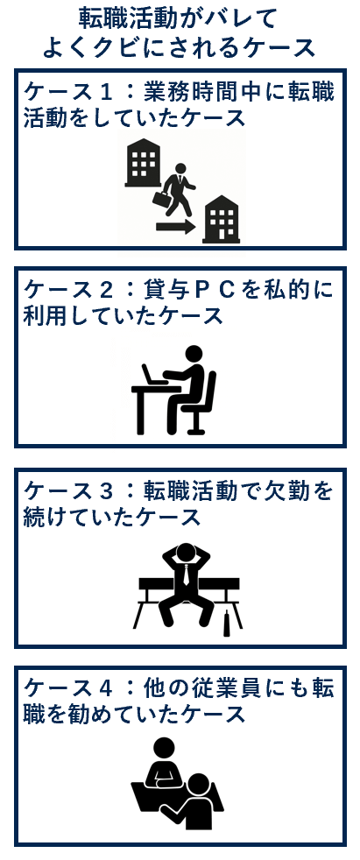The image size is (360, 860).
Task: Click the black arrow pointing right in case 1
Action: click(x=175, y=227)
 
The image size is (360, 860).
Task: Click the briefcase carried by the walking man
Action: click(x=162, y=199)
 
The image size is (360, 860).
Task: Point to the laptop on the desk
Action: click(x=152, y=377)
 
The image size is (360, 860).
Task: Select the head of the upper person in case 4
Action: click(x=165, y=749)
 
